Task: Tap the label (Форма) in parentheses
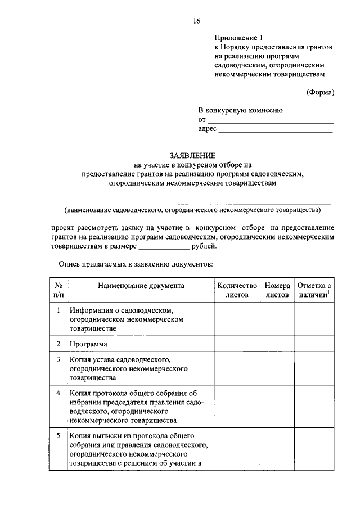[x=320, y=92]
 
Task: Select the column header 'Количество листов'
[x=237, y=290]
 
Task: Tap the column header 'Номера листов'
[x=277, y=290]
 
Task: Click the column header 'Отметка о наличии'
[x=314, y=290]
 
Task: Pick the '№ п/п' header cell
[x=58, y=290]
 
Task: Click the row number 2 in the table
[x=58, y=343]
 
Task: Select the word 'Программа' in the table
[x=88, y=344]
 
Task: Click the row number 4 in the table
[x=58, y=392]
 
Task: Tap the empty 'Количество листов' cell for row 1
[x=237, y=319]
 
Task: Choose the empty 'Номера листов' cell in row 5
[x=277, y=451]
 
